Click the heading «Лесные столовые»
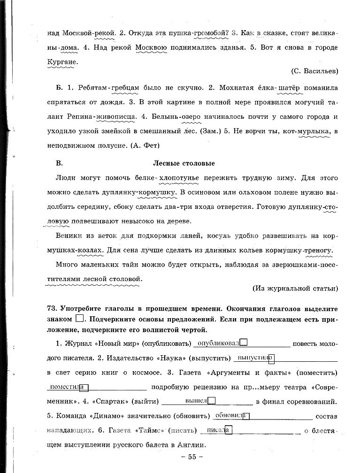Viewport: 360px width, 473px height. [184, 163]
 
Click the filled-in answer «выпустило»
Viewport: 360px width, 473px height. [254, 358]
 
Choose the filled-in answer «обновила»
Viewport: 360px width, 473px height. [229, 415]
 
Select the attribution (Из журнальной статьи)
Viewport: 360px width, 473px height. [295, 288]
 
